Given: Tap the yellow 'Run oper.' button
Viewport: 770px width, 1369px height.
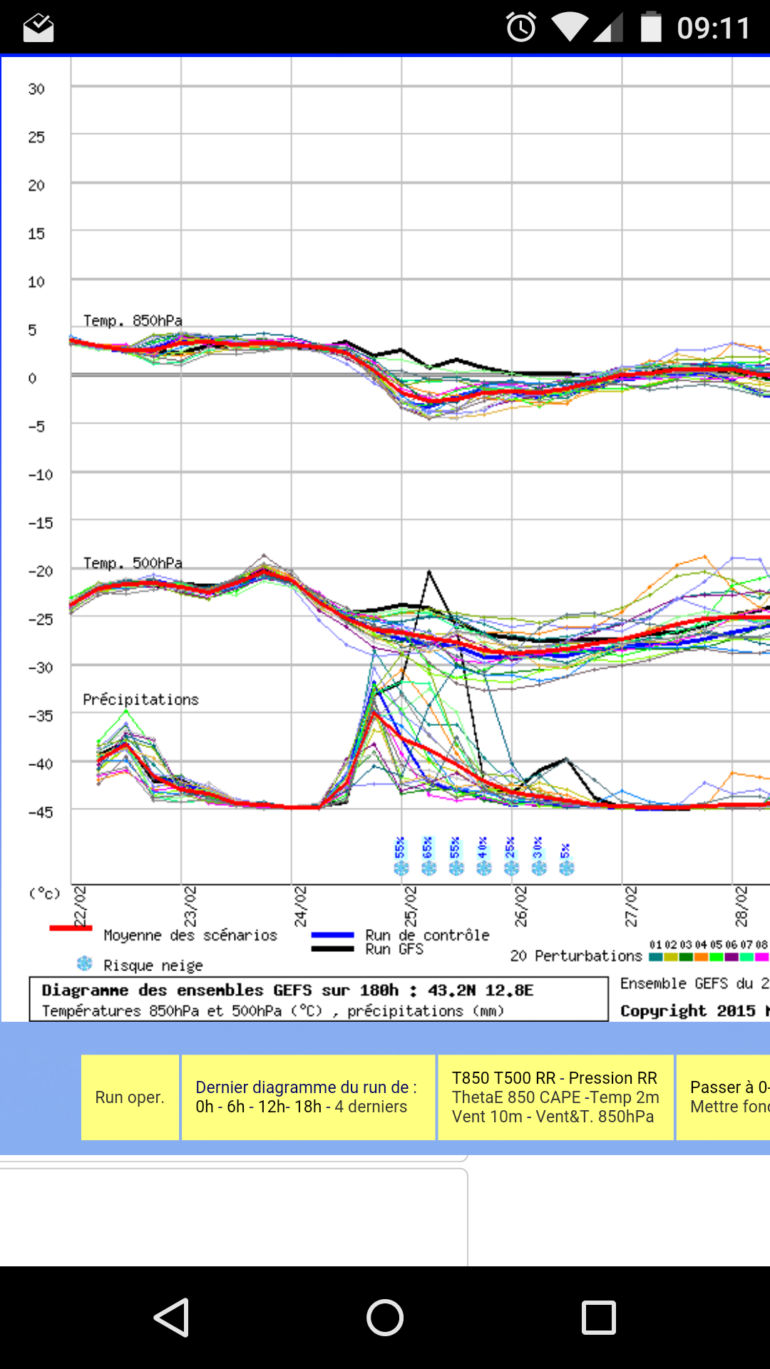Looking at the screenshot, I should [130, 1097].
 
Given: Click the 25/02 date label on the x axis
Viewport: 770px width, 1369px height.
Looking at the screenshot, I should [411, 906].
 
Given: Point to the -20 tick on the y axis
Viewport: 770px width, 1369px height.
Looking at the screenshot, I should [40, 571].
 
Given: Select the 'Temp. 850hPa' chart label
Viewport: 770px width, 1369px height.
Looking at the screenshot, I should [133, 321].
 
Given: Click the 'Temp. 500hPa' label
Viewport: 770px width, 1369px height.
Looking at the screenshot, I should [133, 563].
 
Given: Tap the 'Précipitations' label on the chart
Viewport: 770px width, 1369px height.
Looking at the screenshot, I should [140, 699].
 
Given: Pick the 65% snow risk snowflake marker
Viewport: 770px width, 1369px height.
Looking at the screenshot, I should [428, 867].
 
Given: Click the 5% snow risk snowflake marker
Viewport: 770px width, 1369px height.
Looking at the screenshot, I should [567, 867].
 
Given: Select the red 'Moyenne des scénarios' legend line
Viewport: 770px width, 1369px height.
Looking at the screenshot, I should [71, 928].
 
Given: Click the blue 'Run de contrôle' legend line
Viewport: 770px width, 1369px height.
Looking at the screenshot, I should [332, 935].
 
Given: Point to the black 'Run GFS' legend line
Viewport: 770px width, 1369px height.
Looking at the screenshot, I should [332, 949].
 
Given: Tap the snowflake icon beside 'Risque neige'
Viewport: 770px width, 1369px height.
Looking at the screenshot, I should [85, 964].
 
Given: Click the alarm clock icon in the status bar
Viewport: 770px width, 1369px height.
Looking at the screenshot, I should [521, 28].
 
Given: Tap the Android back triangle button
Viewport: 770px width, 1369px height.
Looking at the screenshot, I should [172, 1317].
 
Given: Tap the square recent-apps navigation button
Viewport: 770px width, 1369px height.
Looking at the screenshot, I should [599, 1317].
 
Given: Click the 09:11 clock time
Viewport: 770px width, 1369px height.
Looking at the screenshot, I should [713, 29].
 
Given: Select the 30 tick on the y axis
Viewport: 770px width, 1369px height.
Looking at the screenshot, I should [36, 89].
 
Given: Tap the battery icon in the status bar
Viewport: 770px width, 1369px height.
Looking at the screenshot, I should [651, 27].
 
